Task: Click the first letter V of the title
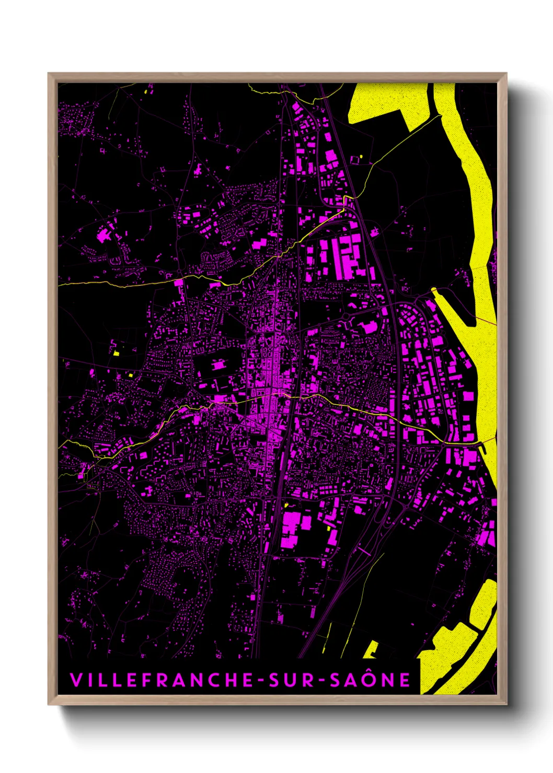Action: (x=75, y=680)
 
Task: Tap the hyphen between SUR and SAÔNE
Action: (x=322, y=681)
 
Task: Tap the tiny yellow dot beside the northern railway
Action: (x=361, y=156)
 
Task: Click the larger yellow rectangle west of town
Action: (x=117, y=354)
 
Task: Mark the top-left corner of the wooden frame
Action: (x=49, y=74)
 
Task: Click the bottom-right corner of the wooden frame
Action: (x=506, y=704)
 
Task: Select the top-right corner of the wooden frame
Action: (x=506, y=74)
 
